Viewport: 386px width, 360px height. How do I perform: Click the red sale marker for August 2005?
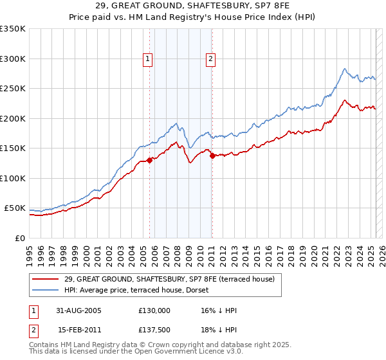click(x=150, y=161)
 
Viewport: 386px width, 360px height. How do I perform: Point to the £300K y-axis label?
click(x=13, y=59)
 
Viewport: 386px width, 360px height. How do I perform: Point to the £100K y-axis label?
click(x=13, y=178)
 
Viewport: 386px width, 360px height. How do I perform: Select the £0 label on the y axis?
click(x=19, y=238)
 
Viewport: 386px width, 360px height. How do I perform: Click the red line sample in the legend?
click(x=45, y=278)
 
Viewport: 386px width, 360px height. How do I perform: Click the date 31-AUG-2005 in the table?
click(x=78, y=310)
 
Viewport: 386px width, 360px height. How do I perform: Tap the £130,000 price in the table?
click(x=154, y=310)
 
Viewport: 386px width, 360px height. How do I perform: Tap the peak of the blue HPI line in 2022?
click(x=345, y=69)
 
